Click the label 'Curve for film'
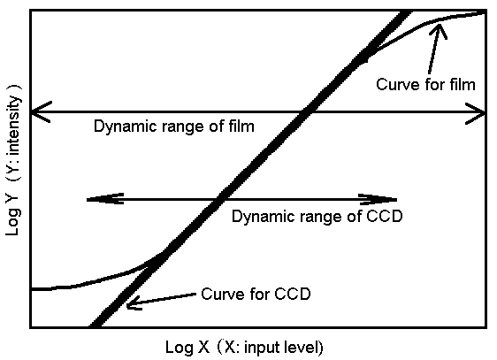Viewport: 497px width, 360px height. click(x=425, y=85)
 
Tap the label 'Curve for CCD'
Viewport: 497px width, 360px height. click(x=256, y=294)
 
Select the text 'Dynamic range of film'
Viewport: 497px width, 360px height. click(x=174, y=126)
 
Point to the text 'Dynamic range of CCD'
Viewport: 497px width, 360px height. click(x=317, y=217)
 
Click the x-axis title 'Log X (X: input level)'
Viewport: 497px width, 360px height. click(x=244, y=347)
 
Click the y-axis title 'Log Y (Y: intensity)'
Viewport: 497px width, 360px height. click(x=12, y=160)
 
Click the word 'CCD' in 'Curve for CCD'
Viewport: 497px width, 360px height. click(x=292, y=294)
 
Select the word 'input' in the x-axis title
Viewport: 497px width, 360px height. click(x=257, y=348)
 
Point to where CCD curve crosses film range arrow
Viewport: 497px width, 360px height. click(x=306, y=111)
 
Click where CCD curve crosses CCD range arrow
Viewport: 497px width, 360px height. click(x=220, y=199)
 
